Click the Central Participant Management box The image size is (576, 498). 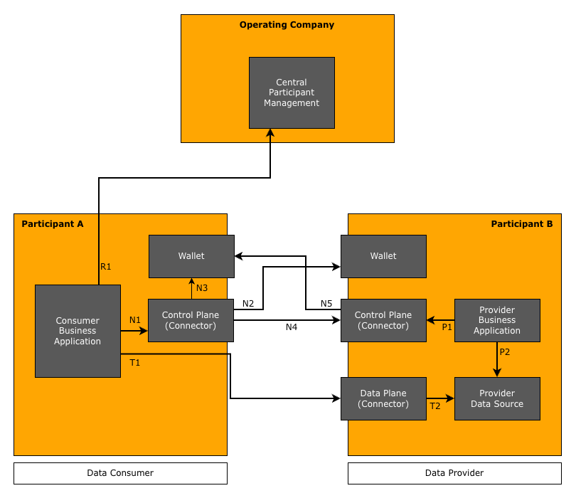click(292, 92)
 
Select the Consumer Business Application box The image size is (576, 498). click(78, 331)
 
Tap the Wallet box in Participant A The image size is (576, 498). click(191, 256)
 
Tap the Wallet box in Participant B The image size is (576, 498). click(383, 256)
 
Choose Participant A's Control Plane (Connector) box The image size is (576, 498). click(191, 320)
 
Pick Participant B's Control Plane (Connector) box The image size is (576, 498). click(383, 320)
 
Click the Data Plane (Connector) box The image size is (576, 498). click(383, 398)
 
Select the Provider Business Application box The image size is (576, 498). click(497, 320)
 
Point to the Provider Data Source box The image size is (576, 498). click(497, 398)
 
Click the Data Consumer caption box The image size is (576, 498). click(120, 473)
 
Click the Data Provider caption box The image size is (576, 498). click(454, 473)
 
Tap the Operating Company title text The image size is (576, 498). click(287, 25)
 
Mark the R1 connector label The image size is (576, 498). click(105, 267)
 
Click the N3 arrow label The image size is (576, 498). click(202, 288)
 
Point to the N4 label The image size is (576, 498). click(292, 327)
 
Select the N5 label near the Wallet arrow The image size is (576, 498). click(326, 304)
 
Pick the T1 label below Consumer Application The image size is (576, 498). click(135, 363)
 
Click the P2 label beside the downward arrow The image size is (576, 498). click(505, 352)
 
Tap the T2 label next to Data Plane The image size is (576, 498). click(434, 406)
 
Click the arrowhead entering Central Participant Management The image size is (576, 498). click(270, 133)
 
